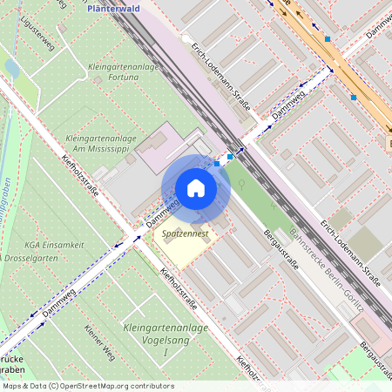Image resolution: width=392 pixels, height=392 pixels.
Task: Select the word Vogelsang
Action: pos(166,340)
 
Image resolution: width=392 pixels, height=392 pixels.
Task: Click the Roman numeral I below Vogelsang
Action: pos(166,352)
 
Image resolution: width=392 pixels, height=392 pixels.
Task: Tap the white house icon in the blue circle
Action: pos(196,188)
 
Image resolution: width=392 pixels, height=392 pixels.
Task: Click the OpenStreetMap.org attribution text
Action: pos(112,385)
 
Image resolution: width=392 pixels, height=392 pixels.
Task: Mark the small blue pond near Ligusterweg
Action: pos(12,66)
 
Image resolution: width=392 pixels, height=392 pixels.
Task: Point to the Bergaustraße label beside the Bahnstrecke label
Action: pos(280,248)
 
